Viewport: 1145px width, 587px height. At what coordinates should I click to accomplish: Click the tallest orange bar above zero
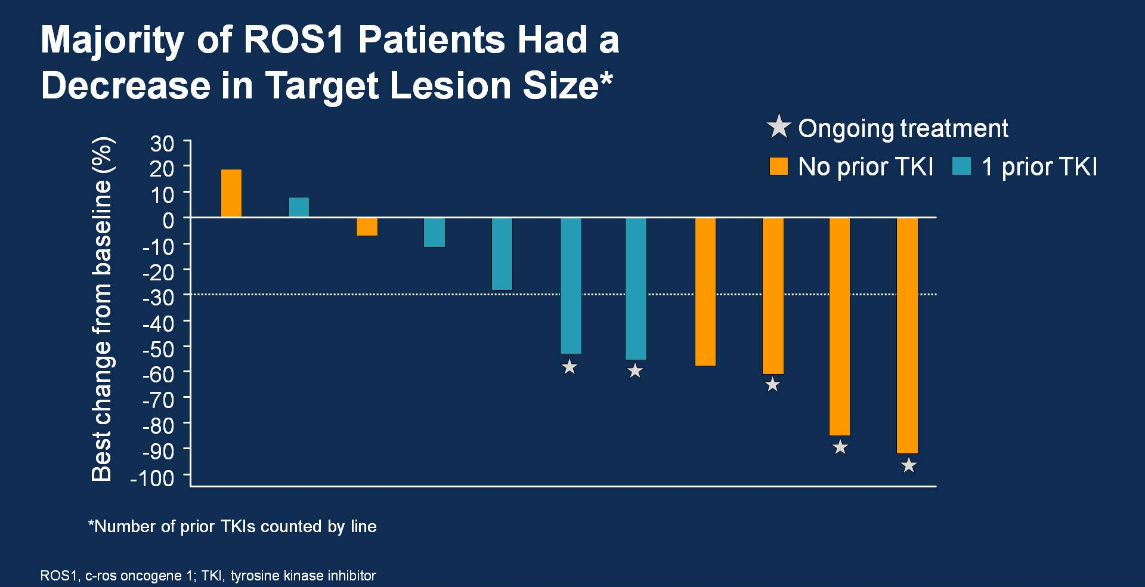point(231,193)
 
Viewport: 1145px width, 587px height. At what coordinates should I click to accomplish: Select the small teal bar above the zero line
point(299,207)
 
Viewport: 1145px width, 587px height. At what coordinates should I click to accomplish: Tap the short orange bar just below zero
point(367,227)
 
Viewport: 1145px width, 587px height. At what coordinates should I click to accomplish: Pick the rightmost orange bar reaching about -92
point(907,335)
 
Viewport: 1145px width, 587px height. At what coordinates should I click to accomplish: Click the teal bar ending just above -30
point(502,254)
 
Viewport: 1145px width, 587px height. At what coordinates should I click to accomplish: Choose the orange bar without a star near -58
point(705,292)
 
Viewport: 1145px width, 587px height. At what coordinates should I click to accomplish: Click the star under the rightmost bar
point(908,465)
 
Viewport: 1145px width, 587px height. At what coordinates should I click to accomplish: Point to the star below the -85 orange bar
point(840,447)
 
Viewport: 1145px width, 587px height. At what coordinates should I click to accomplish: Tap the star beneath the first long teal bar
point(570,367)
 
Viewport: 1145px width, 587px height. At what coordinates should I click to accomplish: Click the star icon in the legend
point(778,127)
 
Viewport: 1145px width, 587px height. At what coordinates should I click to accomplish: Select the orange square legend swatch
point(778,166)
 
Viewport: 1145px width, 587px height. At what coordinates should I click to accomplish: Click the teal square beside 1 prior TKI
point(961,166)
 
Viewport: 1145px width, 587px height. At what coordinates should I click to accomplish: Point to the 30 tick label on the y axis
point(162,144)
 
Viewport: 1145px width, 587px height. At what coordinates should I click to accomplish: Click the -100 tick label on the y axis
point(153,478)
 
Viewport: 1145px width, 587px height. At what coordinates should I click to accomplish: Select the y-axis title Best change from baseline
point(102,309)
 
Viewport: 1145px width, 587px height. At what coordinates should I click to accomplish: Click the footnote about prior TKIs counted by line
point(233,526)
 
